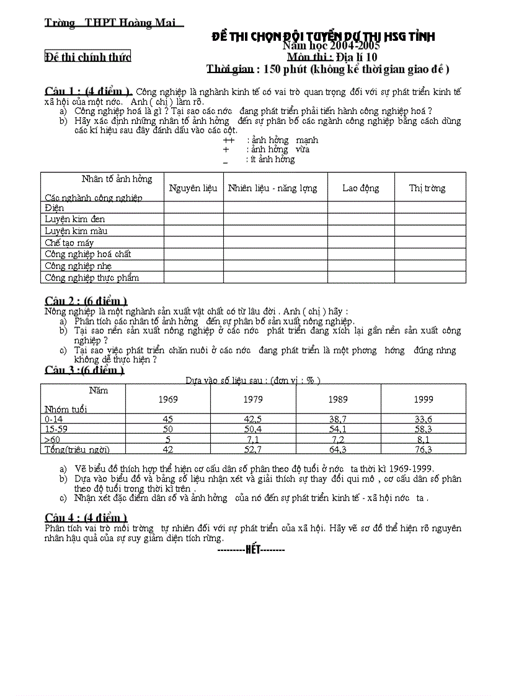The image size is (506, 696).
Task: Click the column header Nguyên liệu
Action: click(x=193, y=188)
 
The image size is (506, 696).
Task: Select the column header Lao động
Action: click(x=360, y=188)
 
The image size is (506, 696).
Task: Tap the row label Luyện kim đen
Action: click(x=74, y=219)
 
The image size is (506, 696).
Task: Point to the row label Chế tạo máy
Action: click(x=69, y=243)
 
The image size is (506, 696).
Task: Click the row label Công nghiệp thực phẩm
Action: click(x=91, y=278)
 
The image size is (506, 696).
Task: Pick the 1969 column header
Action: click(x=167, y=400)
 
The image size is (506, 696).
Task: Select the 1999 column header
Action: click(x=423, y=400)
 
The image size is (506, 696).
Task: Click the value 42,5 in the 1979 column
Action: click(x=253, y=420)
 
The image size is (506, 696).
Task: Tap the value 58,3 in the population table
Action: click(x=423, y=429)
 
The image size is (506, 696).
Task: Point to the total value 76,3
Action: click(x=423, y=450)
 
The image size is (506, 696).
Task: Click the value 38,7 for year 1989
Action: click(x=337, y=420)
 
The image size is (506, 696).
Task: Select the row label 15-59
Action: click(x=56, y=429)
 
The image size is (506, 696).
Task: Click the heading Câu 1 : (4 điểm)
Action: click(x=87, y=91)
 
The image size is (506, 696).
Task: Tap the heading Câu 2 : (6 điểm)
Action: click(x=86, y=301)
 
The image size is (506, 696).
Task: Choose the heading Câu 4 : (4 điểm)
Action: click(x=86, y=518)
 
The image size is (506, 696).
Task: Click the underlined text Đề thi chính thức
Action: click(x=88, y=57)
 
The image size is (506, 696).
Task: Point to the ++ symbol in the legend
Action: click(x=228, y=140)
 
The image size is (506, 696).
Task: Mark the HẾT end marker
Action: click(x=254, y=549)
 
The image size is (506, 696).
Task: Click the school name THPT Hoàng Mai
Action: click(x=128, y=24)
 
